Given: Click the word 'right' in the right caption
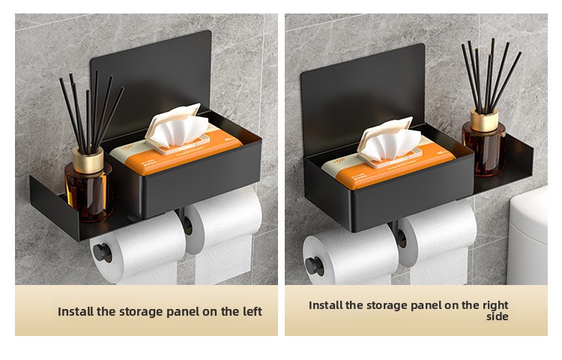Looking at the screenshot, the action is pyautogui.click(x=496, y=305).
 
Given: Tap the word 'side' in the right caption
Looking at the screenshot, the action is pyautogui.click(x=497, y=316).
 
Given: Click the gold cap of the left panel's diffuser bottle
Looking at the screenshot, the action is pyautogui.click(x=88, y=159).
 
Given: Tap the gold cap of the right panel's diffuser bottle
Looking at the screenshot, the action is pyautogui.click(x=484, y=119).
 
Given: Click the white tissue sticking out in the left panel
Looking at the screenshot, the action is pyautogui.click(x=179, y=130).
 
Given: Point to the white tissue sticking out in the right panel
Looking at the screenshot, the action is pyautogui.click(x=391, y=143).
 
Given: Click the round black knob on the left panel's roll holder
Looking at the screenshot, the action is pyautogui.click(x=102, y=253).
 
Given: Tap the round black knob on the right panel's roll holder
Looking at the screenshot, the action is pyautogui.click(x=314, y=267).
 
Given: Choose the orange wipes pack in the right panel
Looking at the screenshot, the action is pyautogui.click(x=389, y=166).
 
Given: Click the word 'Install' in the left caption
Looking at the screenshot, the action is pyautogui.click(x=76, y=311).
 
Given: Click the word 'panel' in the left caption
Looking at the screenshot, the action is pyautogui.click(x=181, y=312).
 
